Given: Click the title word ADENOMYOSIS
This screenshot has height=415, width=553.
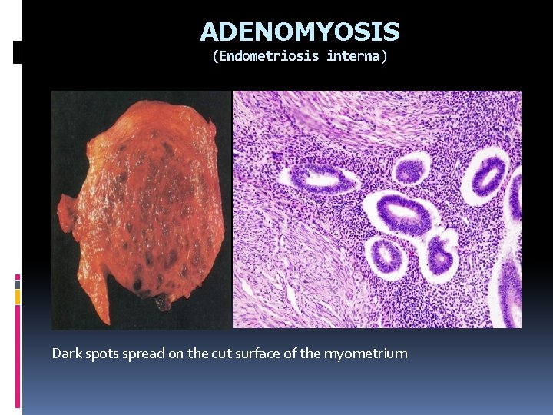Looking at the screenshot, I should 300,32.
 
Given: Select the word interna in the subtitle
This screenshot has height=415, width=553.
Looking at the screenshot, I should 352,57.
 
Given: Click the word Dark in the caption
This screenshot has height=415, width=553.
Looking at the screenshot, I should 66,354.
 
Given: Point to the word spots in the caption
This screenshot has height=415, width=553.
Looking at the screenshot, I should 101,354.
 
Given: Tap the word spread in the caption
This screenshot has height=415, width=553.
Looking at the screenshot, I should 143,354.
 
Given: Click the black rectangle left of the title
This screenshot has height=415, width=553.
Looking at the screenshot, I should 18,51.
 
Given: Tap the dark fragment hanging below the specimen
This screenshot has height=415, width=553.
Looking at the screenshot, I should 162,303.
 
